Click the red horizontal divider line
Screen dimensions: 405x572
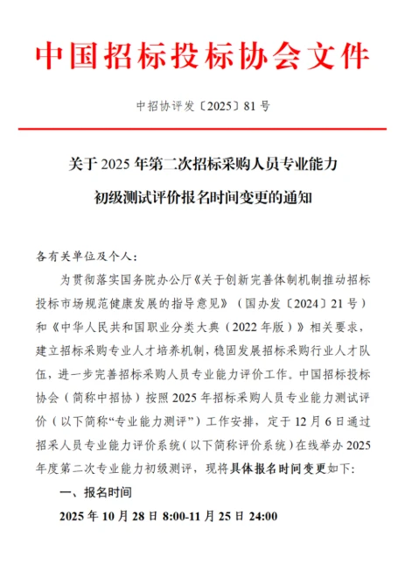coord(202,130)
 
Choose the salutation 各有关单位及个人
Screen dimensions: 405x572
coord(83,257)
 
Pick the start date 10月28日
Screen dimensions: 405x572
coord(149,517)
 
